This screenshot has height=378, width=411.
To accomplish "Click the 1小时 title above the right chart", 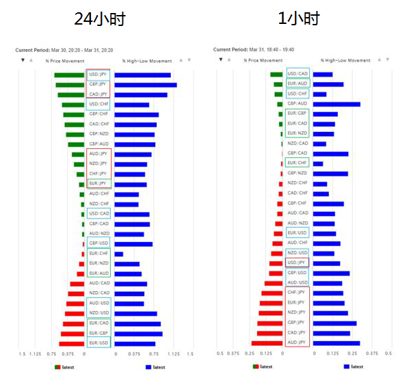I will coord(298,19).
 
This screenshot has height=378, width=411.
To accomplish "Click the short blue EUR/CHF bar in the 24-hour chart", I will coord(119,254).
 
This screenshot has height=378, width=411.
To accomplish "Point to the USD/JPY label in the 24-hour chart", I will coord(98,75).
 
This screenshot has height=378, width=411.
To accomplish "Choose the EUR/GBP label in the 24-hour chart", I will coord(98,334).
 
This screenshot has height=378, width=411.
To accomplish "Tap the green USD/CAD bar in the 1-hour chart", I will coord(276,75).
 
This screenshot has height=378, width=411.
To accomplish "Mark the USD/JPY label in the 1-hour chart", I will coord(297,262).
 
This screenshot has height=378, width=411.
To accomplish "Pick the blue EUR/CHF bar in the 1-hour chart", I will coord(318,163).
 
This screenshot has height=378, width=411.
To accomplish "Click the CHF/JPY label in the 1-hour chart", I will coord(297,293).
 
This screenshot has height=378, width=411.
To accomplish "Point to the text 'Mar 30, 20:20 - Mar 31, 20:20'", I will coord(81,50).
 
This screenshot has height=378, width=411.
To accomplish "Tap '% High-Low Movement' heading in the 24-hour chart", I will coord(142,61).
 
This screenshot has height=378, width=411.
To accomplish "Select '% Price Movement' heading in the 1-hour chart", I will coord(263,61).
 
